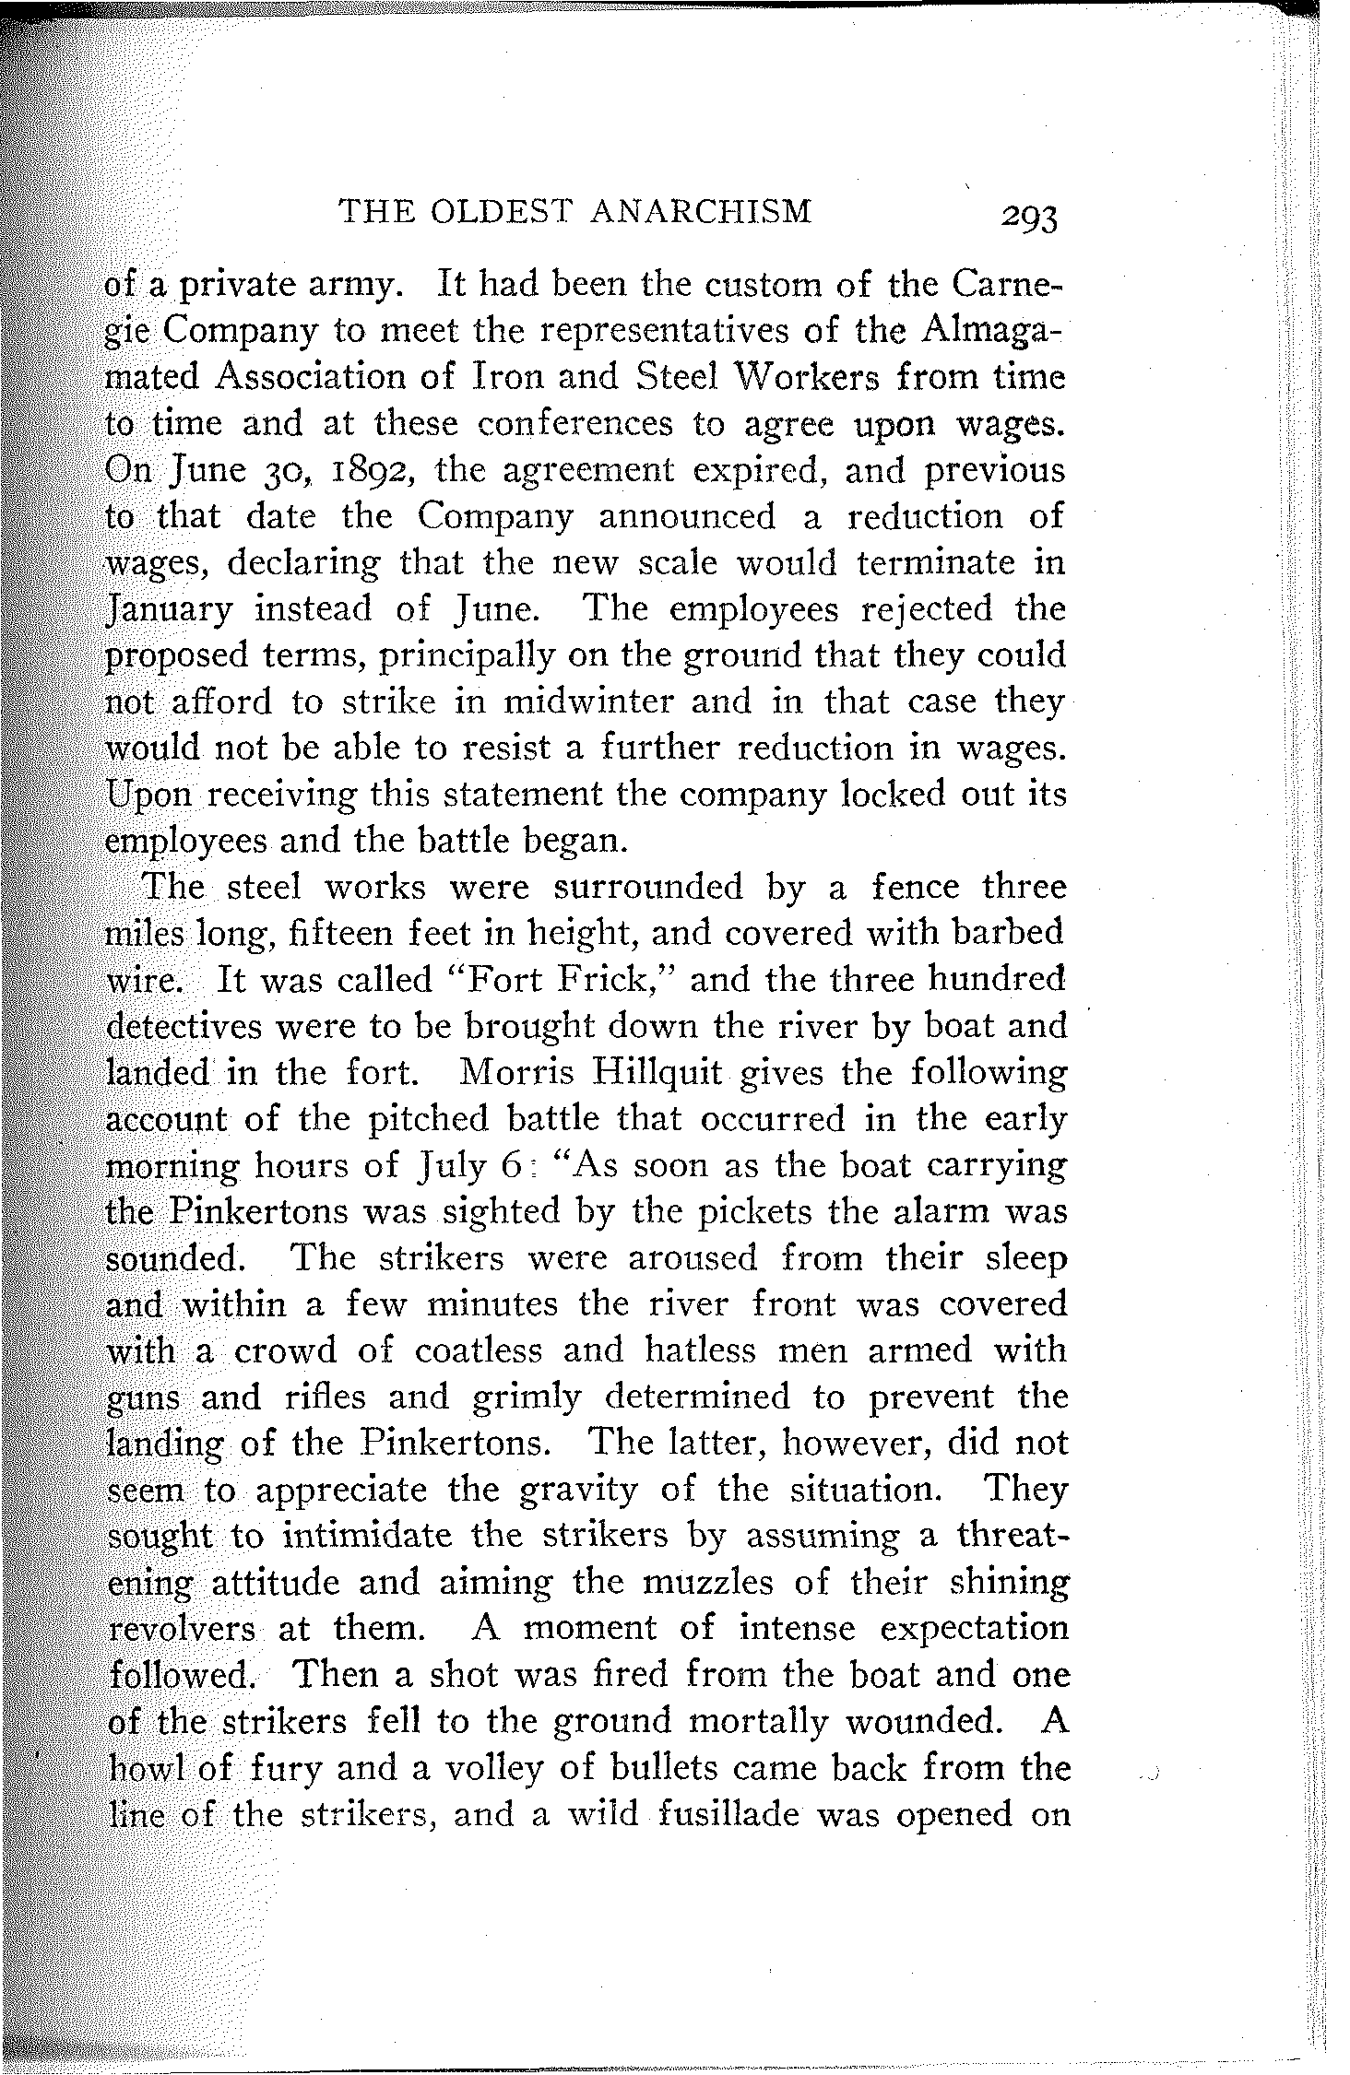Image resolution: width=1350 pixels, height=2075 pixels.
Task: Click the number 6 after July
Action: tap(513, 1164)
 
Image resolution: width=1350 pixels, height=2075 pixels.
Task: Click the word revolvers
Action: tap(182, 1629)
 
